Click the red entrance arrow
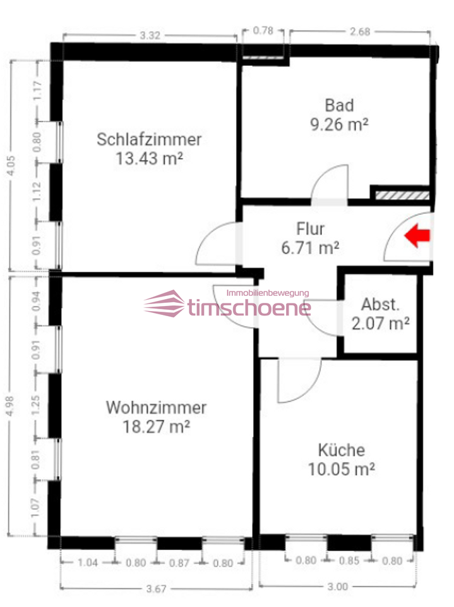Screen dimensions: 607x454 (417, 236)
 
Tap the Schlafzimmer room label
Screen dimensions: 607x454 (149, 139)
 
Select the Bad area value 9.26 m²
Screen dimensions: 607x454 (339, 124)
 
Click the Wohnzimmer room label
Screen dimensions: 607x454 (156, 407)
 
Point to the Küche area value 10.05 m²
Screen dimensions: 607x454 (342, 469)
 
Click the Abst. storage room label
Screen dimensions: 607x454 (381, 305)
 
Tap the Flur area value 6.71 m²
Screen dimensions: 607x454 (310, 248)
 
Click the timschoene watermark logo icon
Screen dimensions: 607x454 (164, 305)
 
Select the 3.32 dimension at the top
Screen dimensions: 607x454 (149, 35)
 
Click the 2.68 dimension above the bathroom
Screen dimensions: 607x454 (359, 32)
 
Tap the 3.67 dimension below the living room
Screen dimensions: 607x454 (155, 589)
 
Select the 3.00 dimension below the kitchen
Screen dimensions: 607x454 (338, 587)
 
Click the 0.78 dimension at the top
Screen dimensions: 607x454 (263, 30)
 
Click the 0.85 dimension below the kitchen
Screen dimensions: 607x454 (349, 560)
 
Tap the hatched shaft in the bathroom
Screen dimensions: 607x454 (402, 194)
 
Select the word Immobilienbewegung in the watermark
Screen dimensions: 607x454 (267, 293)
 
